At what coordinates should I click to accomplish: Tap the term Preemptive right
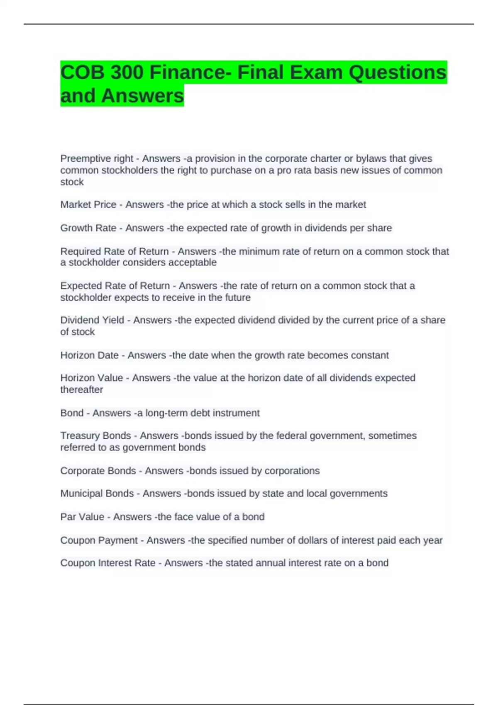tap(97, 158)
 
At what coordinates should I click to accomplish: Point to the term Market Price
tap(88, 204)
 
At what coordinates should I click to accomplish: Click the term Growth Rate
tap(88, 228)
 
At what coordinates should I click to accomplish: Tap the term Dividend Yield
tap(92, 320)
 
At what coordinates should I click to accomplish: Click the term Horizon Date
tap(90, 355)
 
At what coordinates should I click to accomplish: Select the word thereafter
tap(82, 390)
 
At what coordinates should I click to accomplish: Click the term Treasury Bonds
tap(95, 436)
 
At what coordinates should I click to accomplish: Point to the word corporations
tap(292, 471)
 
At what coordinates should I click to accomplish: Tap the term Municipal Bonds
tap(97, 494)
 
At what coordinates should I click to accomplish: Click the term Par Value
tap(82, 517)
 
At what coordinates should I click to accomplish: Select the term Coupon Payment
tap(99, 540)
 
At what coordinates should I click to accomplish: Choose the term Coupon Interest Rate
tap(108, 563)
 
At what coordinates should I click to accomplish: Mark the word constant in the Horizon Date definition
tap(370, 355)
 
